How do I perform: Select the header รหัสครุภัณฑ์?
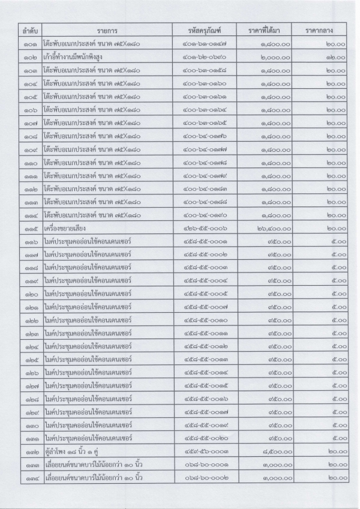coord(205,30)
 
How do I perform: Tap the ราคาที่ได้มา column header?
coord(269,30)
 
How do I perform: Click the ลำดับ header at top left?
coord(27,30)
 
